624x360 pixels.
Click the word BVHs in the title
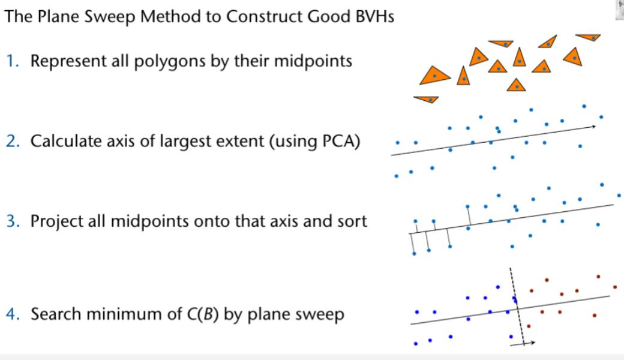click(x=373, y=17)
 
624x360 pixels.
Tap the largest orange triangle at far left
click(x=435, y=76)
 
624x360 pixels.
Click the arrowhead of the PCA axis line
click(x=593, y=127)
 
